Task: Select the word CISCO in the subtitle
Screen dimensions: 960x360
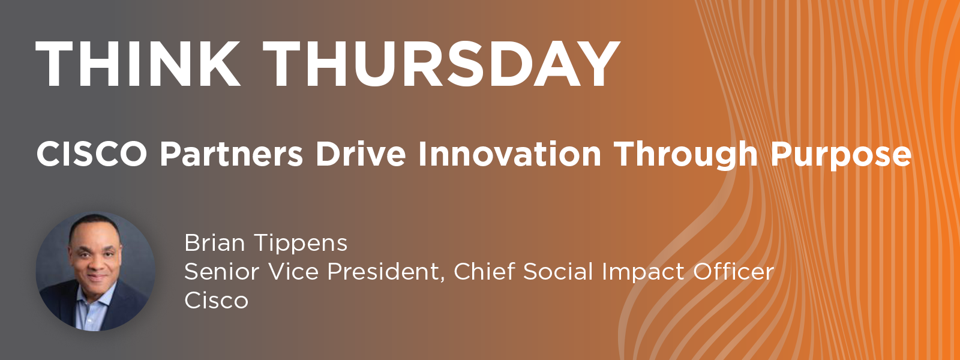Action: (92, 154)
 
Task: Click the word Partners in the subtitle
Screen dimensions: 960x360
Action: (232, 154)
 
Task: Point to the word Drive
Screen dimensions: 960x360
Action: (361, 154)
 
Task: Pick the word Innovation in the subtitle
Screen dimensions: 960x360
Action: (510, 154)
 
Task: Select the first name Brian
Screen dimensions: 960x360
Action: (214, 243)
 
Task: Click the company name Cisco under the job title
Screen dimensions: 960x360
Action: (217, 301)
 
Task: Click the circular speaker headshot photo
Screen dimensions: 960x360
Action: (95, 271)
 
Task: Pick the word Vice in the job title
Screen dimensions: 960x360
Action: (293, 272)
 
